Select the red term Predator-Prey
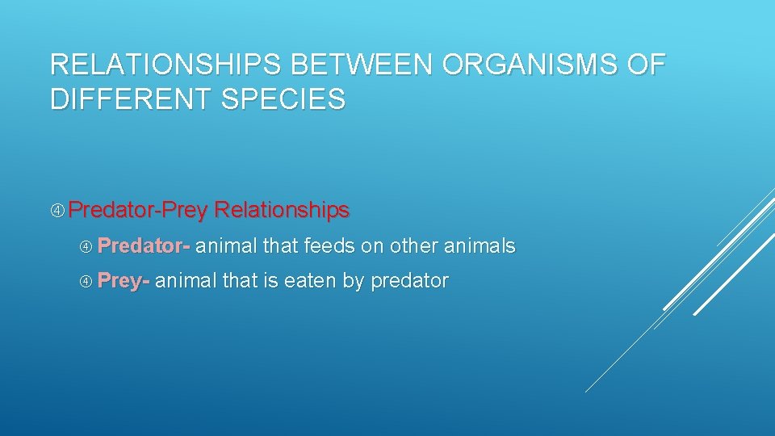click(138, 211)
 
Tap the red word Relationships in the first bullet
click(282, 211)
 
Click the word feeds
click(329, 245)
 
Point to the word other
click(414, 245)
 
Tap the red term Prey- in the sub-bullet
click(124, 281)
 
